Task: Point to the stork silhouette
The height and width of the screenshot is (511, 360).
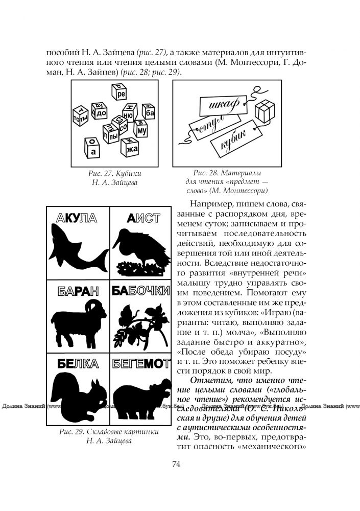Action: pos(143,250)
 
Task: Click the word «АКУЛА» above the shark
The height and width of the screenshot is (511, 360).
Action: pos(74,219)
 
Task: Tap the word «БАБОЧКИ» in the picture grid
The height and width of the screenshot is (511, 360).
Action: pos(141,291)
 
